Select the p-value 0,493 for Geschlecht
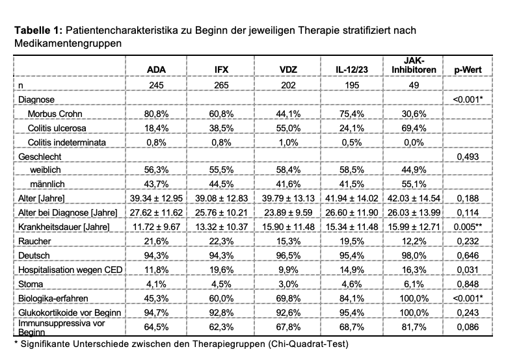471,157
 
